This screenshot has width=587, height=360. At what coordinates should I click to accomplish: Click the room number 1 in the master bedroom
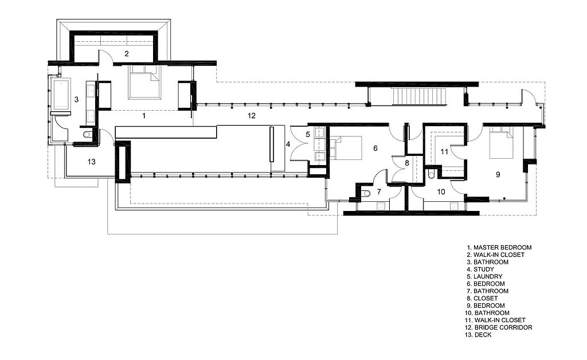tap(144, 115)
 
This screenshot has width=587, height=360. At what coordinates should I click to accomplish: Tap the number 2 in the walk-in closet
tap(126, 53)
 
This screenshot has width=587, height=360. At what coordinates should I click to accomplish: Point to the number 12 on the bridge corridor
tap(251, 116)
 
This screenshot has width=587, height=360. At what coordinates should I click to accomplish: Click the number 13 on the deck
tap(91, 162)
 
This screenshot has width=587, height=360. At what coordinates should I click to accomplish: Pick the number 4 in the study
tap(288, 144)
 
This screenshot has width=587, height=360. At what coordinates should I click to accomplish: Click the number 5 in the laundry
tap(308, 135)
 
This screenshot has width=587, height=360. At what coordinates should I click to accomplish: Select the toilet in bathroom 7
tap(365, 194)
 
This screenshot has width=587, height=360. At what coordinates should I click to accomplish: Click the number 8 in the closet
tap(407, 163)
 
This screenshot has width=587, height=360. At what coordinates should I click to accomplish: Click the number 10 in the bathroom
tap(441, 193)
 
